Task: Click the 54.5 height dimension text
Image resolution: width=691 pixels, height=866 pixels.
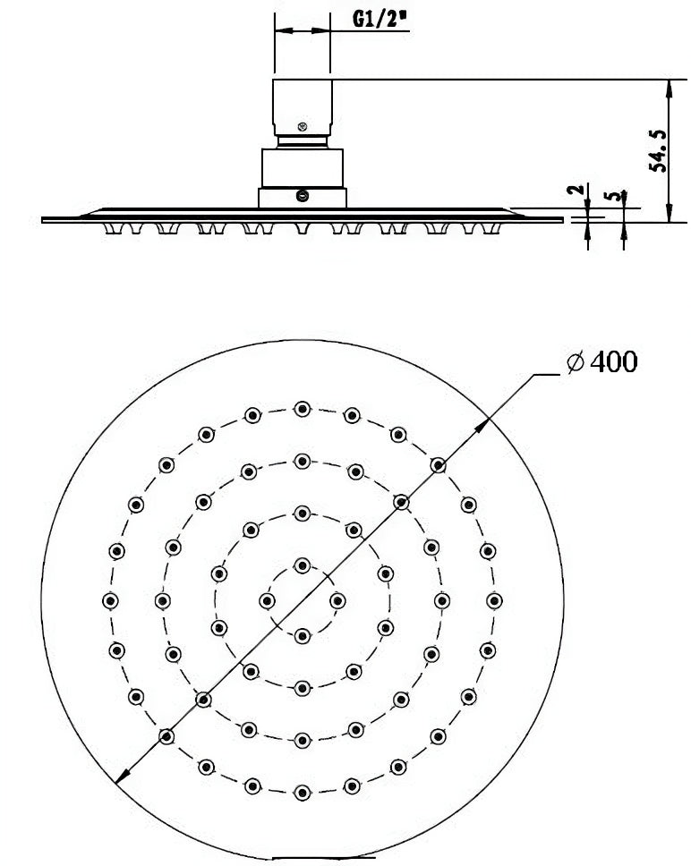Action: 659,151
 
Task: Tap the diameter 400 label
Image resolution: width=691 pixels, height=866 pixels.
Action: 602,361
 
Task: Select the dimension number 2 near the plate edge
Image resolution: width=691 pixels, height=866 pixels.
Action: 576,190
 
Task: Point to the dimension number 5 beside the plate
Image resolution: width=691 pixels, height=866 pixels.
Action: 611,197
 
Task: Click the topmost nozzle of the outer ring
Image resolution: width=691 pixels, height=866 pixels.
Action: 303,409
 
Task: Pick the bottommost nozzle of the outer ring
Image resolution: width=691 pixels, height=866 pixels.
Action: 303,794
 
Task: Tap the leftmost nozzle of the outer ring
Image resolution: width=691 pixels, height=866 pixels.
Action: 110,600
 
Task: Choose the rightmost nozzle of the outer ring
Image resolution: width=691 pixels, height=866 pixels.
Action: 494,600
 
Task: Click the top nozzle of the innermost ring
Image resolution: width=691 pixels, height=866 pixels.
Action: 303,565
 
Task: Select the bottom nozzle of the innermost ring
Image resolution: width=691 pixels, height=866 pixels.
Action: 303,636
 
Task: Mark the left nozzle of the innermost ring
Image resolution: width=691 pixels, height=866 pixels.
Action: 268,600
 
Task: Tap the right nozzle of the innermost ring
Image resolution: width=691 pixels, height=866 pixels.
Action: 337,600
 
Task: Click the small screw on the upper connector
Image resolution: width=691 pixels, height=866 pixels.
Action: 303,126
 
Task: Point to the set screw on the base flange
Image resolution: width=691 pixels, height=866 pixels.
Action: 303,196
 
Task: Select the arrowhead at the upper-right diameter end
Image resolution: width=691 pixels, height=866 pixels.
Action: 482,424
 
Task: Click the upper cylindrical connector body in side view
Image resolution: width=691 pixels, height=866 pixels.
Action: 303,107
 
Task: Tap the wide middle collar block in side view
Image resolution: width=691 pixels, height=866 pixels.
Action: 303,168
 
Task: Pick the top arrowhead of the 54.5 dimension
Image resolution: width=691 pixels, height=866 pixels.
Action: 669,89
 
